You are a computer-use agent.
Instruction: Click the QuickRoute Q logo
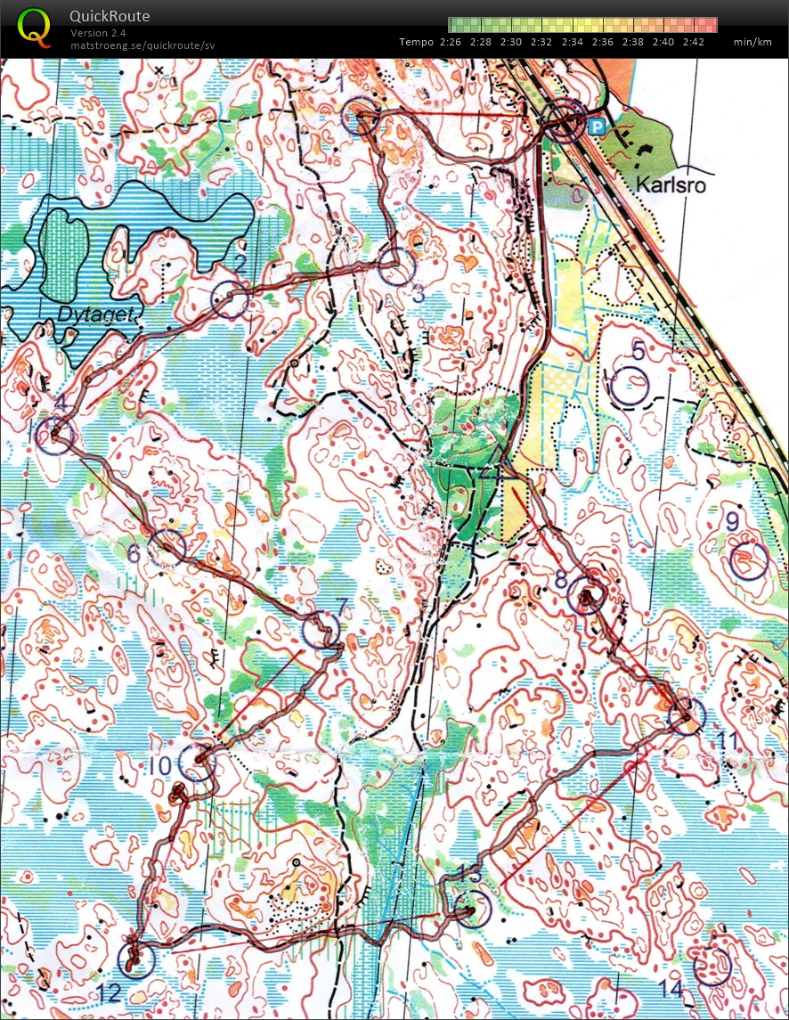pos(35,27)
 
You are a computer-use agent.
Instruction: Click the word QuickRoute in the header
pos(110,16)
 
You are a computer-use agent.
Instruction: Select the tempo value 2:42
pos(694,42)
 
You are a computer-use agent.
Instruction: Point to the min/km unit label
pos(752,42)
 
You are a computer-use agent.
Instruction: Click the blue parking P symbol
pos(597,126)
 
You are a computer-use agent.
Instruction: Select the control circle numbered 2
pos(230,299)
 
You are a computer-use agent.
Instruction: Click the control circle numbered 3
pos(396,265)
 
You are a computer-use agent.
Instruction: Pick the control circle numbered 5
pos(630,388)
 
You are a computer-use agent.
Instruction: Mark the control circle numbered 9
pos(748,561)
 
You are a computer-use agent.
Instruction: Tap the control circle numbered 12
pos(135,959)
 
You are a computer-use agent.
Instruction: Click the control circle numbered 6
pos(167,547)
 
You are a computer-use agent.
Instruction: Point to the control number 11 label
pos(728,741)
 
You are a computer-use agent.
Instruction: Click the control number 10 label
pos(160,765)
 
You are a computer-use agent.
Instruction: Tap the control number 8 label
pos(560,578)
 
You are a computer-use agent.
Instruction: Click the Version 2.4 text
pos(98,33)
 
